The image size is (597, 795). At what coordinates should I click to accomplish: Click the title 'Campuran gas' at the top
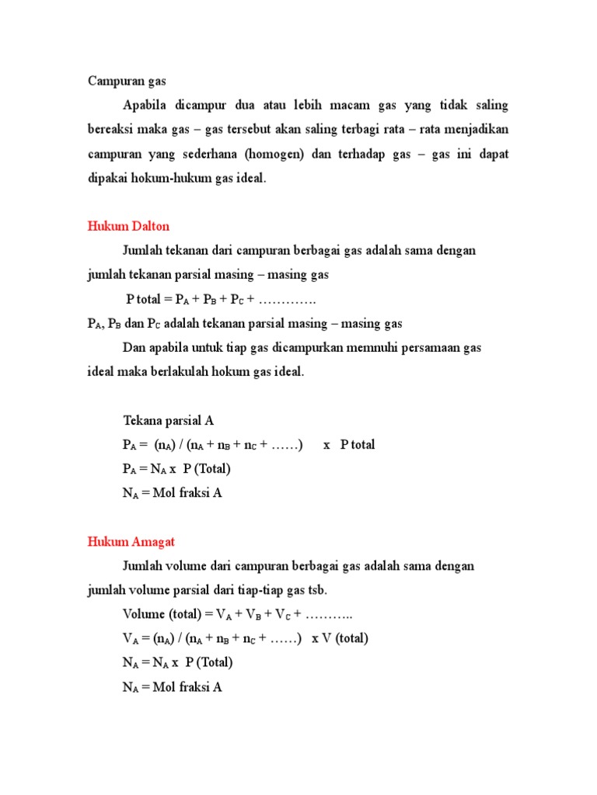[127, 80]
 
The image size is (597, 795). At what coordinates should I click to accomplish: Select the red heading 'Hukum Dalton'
[127, 226]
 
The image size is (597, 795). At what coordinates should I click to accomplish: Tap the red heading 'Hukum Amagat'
[131, 541]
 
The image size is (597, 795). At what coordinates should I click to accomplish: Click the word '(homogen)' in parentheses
[274, 154]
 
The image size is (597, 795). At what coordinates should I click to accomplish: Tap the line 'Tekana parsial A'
[169, 421]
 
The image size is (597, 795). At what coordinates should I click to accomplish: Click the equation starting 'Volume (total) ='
[238, 615]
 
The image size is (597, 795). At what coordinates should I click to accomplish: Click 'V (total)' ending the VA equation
[340, 639]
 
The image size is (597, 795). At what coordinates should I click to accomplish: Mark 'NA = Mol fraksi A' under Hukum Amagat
[173, 687]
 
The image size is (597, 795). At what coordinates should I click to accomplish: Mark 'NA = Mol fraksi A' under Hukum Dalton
[173, 493]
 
